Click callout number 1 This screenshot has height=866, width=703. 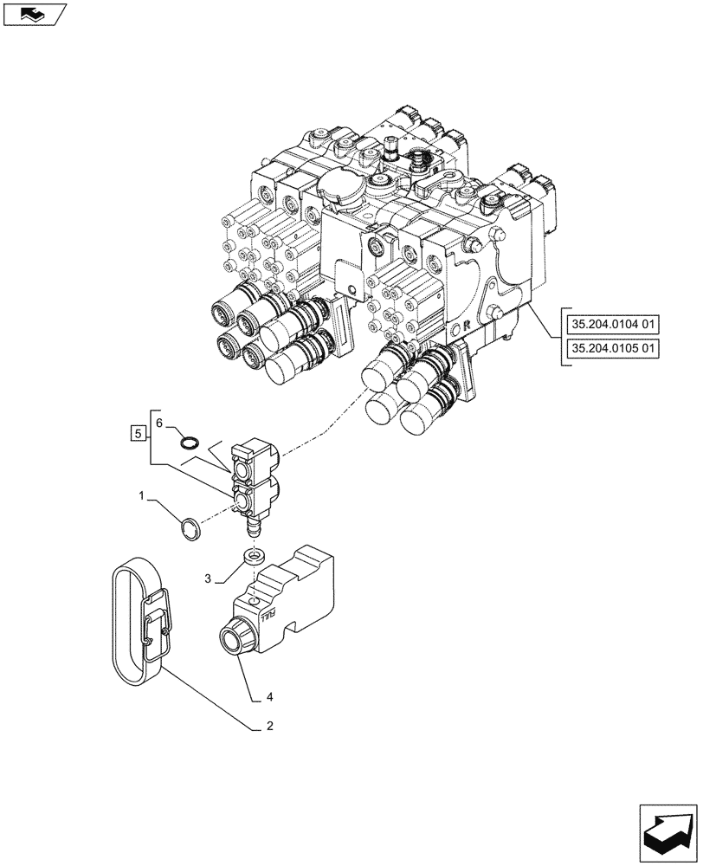tap(142, 497)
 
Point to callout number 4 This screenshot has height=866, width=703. tap(269, 695)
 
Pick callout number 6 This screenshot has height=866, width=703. tap(158, 421)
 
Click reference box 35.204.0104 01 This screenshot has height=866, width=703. tap(614, 325)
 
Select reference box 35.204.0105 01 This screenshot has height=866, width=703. tap(614, 348)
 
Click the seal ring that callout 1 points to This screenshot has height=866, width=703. tap(190, 528)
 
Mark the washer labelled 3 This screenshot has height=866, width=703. tap(254, 557)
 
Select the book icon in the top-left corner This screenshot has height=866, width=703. tap(34, 13)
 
